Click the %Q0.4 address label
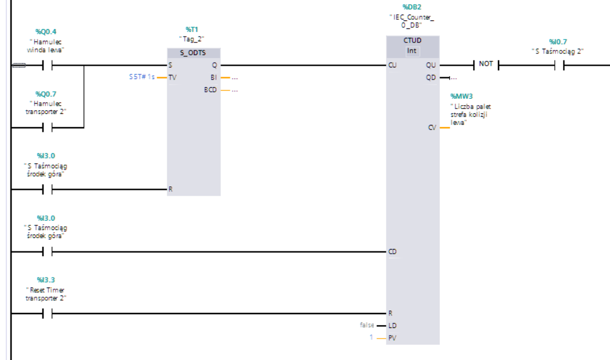coord(46,31)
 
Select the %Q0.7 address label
coord(46,94)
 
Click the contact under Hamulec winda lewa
coord(48,66)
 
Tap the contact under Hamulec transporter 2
coord(48,127)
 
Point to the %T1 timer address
coord(192,29)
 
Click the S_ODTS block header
coord(194,52)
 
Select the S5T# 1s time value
coord(142,77)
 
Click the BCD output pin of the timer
coord(211,89)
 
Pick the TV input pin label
coord(172,77)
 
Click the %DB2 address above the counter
coord(412,7)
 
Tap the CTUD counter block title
coord(412,40)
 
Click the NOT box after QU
coord(486,64)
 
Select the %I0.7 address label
coord(558,42)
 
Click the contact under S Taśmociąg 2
coord(560,66)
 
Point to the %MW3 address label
coord(462,96)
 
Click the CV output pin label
coord(432,128)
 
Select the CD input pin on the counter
coord(392,251)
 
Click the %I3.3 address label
coord(46,280)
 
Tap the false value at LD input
coord(367,325)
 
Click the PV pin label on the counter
coord(392,338)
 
